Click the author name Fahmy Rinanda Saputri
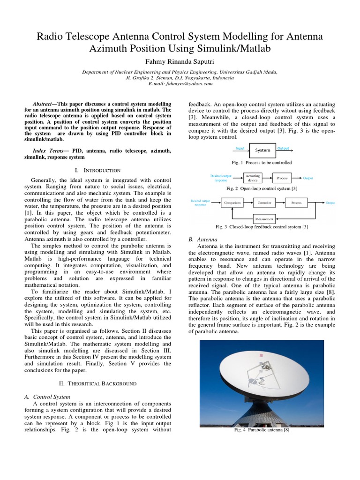[180, 62]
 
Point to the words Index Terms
[48, 151]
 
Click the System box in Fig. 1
[262, 150]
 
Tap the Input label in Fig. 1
[240, 148]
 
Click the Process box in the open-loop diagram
[282, 178]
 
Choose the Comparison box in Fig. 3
[232, 202]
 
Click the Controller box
[265, 202]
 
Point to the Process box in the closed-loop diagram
[296, 202]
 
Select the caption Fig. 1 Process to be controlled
[262, 163]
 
